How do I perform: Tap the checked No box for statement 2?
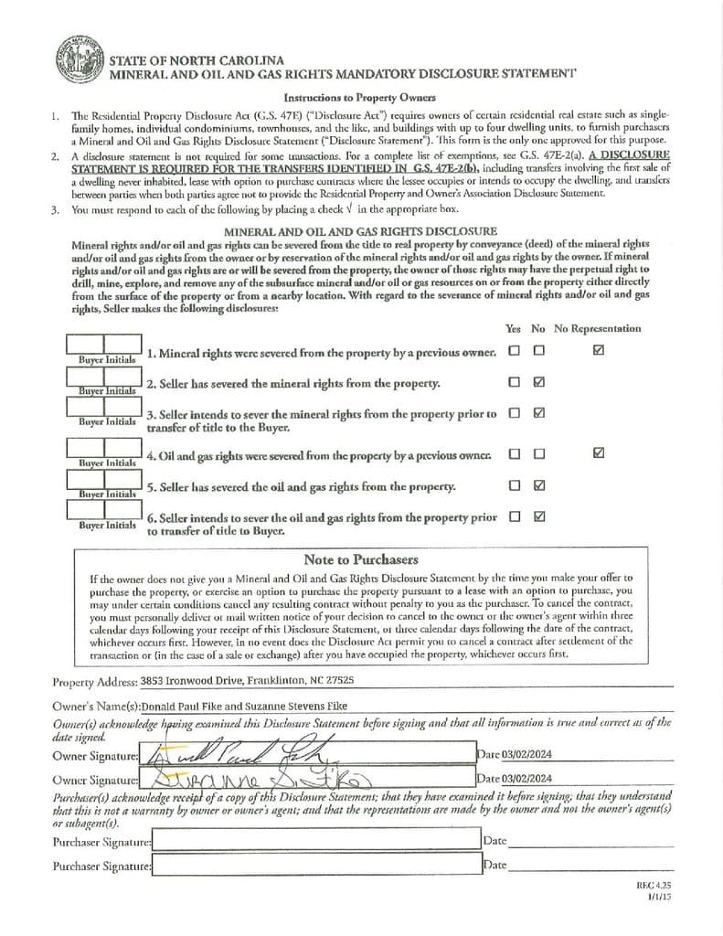[x=539, y=382]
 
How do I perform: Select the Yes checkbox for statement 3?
[x=515, y=413]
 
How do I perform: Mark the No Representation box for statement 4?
[x=598, y=452]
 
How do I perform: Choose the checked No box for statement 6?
[x=539, y=516]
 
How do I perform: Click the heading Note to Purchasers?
[x=360, y=559]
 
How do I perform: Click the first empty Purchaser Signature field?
[x=314, y=840]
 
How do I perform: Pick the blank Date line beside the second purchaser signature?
[x=590, y=865]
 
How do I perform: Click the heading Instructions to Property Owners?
[x=359, y=97]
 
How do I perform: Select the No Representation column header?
[x=598, y=328]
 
